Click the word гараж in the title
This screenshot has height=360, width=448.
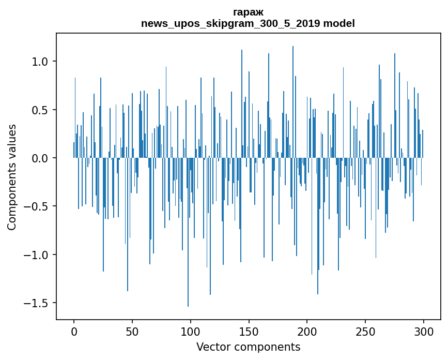[248, 12]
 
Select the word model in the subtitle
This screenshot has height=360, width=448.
[339, 23]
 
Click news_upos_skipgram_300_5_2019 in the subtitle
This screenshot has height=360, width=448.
[230, 23]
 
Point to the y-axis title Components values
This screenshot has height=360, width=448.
[12, 177]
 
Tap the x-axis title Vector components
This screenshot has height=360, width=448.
[248, 347]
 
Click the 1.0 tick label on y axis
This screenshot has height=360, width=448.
[39, 62]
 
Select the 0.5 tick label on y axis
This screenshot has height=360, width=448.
[39, 110]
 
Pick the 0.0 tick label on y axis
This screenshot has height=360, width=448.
[39, 158]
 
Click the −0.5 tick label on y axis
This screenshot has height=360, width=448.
[36, 206]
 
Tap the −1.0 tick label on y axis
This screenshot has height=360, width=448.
[36, 255]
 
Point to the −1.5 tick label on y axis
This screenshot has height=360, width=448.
[36, 303]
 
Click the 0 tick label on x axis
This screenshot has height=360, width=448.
[74, 332]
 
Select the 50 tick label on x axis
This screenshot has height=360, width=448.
[132, 332]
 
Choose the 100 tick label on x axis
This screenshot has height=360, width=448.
[190, 332]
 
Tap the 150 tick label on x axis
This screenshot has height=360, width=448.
[249, 332]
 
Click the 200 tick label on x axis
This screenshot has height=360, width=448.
[307, 332]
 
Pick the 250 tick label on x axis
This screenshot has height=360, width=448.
[365, 332]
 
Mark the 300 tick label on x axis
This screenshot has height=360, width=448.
[423, 332]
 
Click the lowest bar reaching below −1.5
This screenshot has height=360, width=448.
[188, 232]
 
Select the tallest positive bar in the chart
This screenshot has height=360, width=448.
[293, 102]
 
